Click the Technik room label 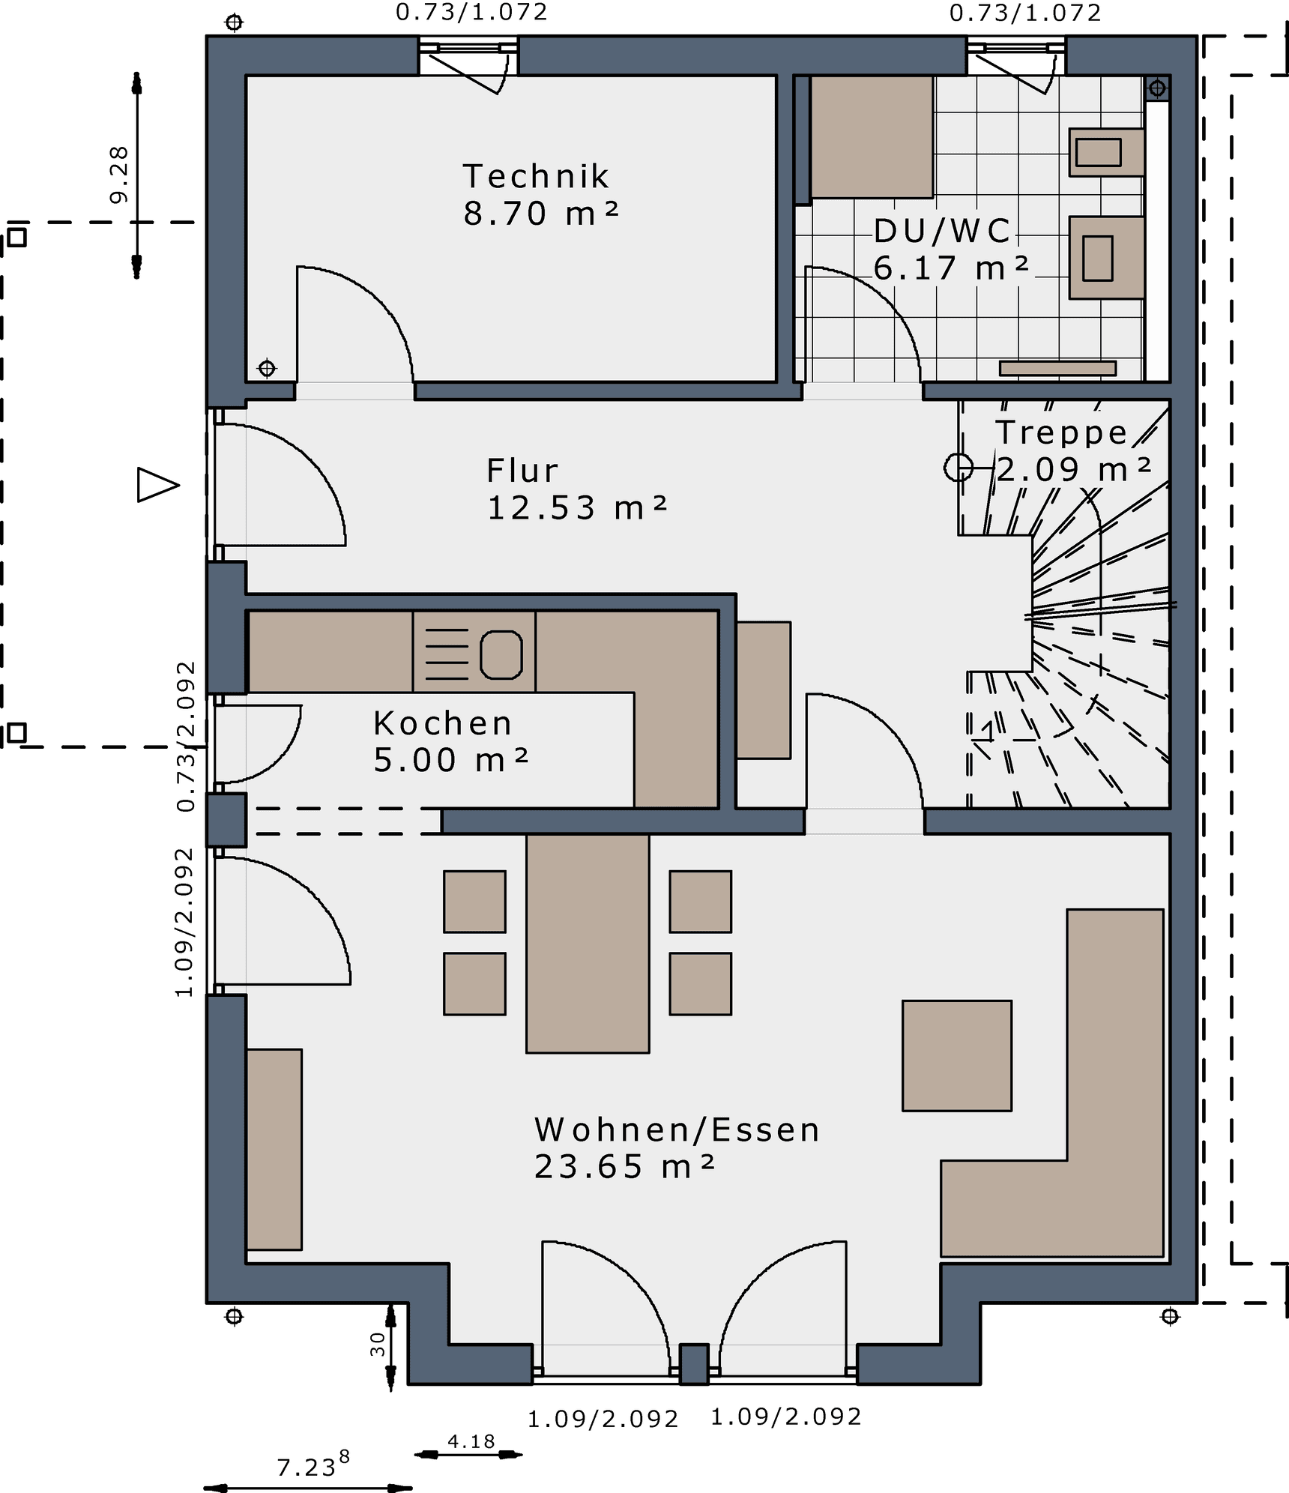pos(536,177)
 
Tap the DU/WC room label pos(943,231)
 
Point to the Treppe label pos(1061,432)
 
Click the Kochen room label pos(443,723)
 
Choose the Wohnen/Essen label pos(677,1129)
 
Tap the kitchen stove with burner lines pos(474,651)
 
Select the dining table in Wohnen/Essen pos(588,943)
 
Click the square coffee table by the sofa pos(957,1055)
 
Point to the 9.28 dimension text pos(119,175)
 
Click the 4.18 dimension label pos(471,1441)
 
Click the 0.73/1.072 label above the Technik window pos(472,12)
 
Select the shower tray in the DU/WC pos(872,136)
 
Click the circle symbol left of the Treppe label pos(959,468)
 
